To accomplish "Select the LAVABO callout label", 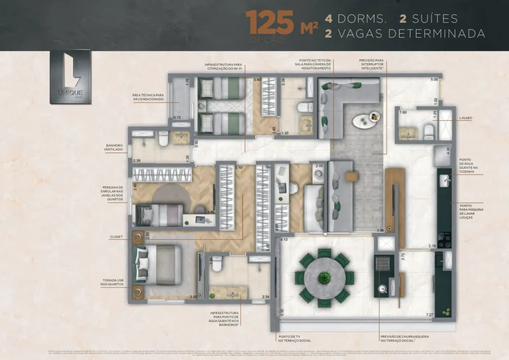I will (466, 118).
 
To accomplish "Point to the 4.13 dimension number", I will (284, 240).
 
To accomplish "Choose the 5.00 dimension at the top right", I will (434, 80).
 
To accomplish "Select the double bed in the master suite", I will (159, 265).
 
